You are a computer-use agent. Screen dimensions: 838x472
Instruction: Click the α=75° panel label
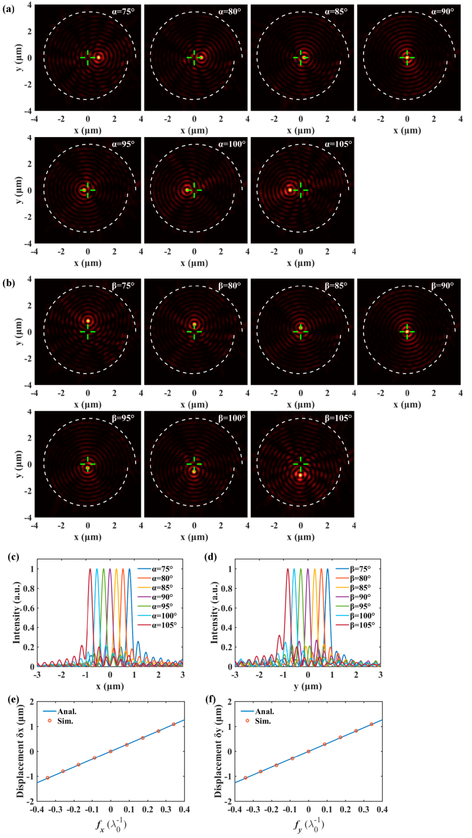click(x=123, y=12)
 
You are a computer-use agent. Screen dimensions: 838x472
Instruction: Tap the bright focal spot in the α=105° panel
click(x=290, y=190)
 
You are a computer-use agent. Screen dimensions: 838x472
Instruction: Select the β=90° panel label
click(x=442, y=286)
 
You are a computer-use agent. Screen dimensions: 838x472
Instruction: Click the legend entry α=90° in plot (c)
click(x=162, y=597)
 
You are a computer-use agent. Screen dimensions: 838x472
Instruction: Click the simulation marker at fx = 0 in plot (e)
click(x=111, y=751)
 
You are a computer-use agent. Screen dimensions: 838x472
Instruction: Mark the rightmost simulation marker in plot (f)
click(x=371, y=724)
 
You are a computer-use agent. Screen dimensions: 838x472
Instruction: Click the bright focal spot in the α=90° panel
click(x=407, y=58)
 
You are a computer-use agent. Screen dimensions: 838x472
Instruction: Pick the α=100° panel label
click(x=232, y=144)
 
